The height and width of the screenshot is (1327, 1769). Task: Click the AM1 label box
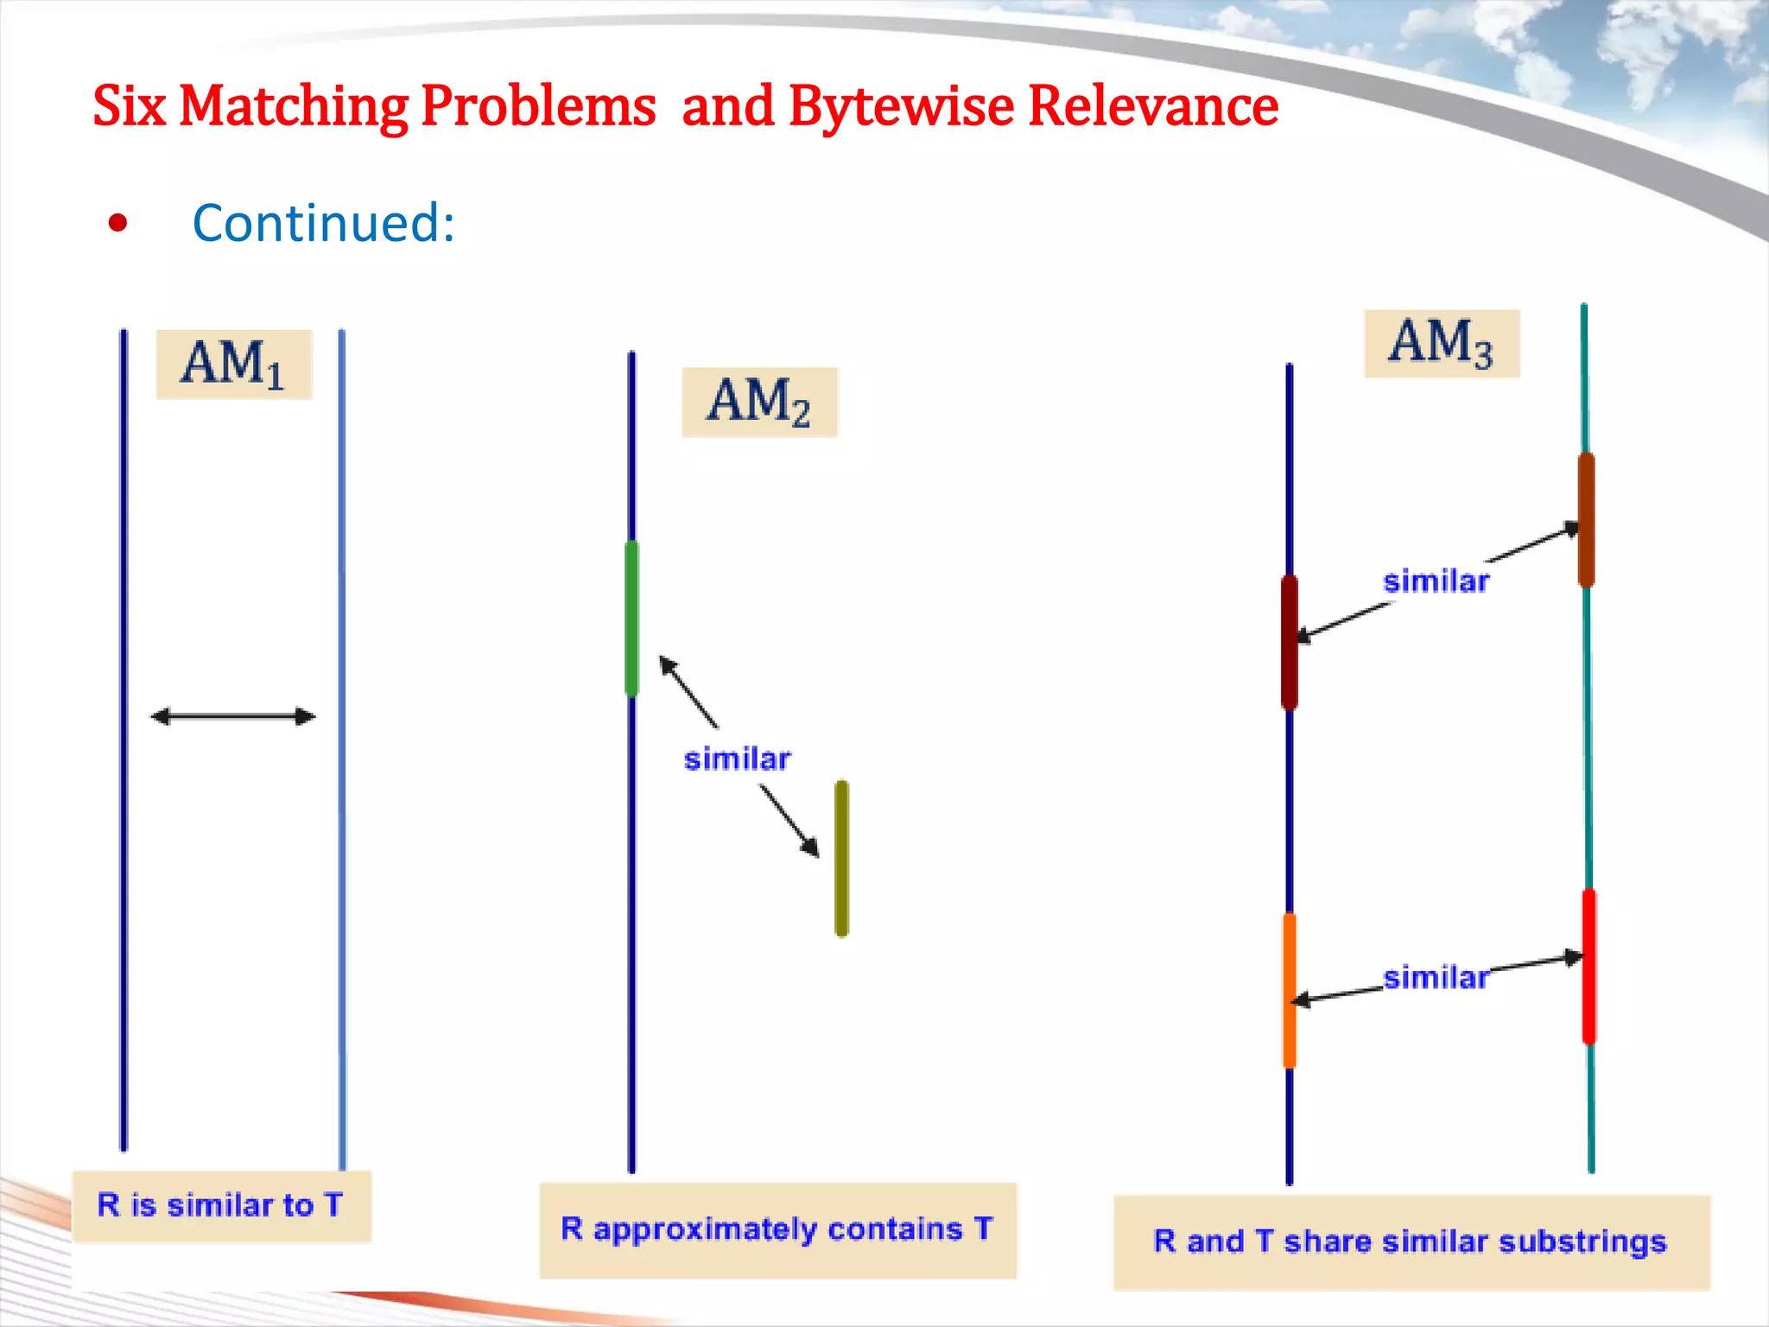(x=233, y=364)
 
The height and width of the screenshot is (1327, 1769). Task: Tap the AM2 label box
(x=759, y=402)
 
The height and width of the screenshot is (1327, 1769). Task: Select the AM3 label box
(x=1441, y=343)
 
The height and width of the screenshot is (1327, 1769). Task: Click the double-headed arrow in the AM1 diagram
(x=233, y=716)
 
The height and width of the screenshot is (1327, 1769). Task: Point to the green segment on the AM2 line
(x=631, y=618)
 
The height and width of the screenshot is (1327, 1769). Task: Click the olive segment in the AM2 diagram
(x=841, y=858)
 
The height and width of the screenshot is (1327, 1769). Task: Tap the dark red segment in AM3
(x=1290, y=642)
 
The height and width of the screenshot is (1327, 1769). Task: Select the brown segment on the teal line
(x=1586, y=519)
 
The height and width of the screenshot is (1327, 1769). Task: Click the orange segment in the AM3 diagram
(x=1290, y=990)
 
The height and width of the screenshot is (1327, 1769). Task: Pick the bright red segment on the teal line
(x=1588, y=966)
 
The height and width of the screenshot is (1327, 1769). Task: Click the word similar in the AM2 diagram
(x=737, y=759)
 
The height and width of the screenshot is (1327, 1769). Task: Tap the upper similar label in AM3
(x=1436, y=581)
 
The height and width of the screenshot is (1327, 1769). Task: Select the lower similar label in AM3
(x=1436, y=977)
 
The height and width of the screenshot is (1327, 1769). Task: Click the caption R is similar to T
(x=221, y=1205)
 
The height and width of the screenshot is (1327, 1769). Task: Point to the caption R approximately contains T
(x=777, y=1229)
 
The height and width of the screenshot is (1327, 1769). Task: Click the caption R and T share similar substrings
(x=1411, y=1241)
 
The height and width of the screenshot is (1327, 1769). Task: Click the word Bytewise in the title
(x=901, y=106)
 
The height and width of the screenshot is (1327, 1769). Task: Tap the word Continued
(x=323, y=223)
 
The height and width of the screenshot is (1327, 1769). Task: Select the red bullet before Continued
(x=118, y=224)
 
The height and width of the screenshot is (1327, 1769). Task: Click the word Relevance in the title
(x=1153, y=106)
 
